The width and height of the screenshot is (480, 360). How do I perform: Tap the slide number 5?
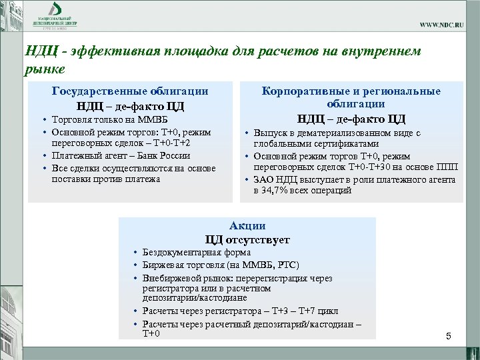(449, 337)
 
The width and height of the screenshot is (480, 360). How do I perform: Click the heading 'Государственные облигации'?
(130, 91)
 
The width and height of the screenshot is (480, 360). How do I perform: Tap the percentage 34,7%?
(281, 190)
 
